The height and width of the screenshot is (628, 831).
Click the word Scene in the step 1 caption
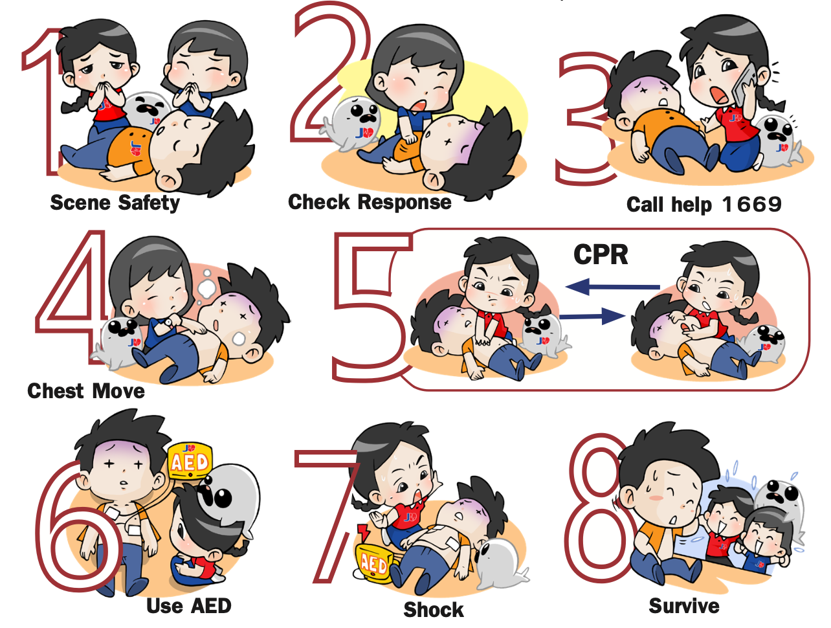(x=80, y=203)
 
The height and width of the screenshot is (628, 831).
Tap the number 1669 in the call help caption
(x=752, y=205)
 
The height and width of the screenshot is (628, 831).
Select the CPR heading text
(x=601, y=254)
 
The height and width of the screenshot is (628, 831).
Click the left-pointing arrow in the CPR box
(x=612, y=287)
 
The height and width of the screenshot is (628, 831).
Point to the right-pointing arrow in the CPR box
(x=592, y=316)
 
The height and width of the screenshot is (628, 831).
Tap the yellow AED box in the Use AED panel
(x=190, y=462)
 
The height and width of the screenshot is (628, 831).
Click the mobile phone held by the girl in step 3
(x=743, y=86)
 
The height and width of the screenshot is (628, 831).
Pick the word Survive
(x=683, y=606)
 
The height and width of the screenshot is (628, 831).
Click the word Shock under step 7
(x=434, y=610)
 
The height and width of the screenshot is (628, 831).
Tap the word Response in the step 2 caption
(x=404, y=202)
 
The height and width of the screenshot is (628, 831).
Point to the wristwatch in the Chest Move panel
(x=169, y=322)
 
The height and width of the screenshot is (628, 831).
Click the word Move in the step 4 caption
(x=118, y=390)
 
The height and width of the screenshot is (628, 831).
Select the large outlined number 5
(x=373, y=307)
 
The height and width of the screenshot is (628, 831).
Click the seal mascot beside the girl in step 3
(x=778, y=141)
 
